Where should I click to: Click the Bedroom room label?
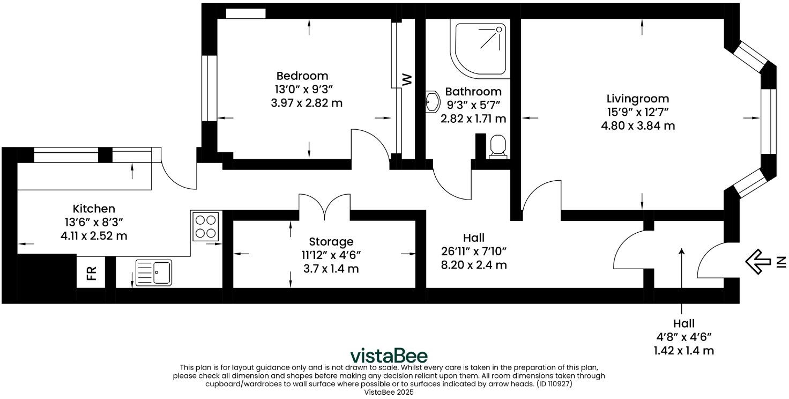point(302,76)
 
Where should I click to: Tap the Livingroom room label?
point(637,99)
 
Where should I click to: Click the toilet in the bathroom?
point(498,146)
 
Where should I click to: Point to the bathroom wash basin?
point(432,100)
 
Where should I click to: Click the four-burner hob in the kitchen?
point(206,226)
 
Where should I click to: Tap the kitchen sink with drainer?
point(154,272)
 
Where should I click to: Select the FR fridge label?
point(92,274)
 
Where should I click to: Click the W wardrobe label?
point(407,80)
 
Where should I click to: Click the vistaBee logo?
point(389,356)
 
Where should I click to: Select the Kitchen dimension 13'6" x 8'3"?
point(94,221)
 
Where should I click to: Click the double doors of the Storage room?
point(324,206)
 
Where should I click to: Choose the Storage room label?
point(331,242)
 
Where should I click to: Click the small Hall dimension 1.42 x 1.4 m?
point(684,351)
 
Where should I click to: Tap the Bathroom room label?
point(473,92)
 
